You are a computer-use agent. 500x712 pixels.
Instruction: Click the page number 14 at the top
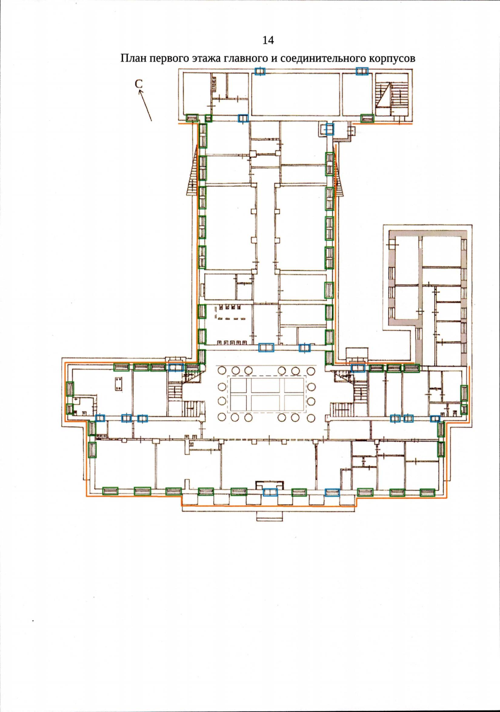pos(268,40)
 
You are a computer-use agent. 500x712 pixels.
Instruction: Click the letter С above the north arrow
pos(138,84)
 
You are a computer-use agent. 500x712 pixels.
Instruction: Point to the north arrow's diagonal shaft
pos(145,106)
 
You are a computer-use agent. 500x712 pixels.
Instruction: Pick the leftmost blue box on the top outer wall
pos(260,71)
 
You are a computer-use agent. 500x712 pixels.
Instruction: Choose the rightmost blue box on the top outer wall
pos(362,71)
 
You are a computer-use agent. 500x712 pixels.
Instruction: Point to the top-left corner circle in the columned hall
pos(222,370)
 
